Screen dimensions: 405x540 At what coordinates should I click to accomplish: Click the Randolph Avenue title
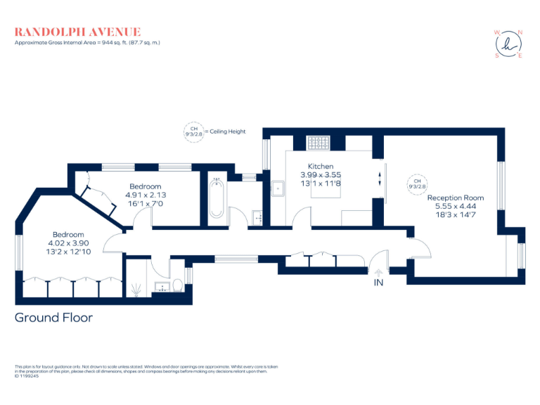pyautogui.click(x=78, y=32)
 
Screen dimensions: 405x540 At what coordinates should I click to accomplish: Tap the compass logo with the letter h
pyautogui.click(x=509, y=44)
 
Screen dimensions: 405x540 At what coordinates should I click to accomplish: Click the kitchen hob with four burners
pyautogui.click(x=319, y=143)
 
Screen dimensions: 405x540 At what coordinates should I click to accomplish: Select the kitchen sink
pyautogui.click(x=279, y=187)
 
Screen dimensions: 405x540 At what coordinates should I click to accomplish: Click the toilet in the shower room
pyautogui.click(x=178, y=285)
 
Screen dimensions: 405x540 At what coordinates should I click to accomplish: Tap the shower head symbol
pyautogui.click(x=136, y=288)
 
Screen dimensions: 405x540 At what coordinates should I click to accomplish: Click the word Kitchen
pyautogui.click(x=321, y=167)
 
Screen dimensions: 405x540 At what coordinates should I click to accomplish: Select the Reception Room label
pyautogui.click(x=456, y=198)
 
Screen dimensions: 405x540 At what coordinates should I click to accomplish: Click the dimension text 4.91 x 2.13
pyautogui.click(x=144, y=195)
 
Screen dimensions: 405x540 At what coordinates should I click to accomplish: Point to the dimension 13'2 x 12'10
pyautogui.click(x=69, y=251)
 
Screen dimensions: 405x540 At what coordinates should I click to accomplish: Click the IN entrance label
pyautogui.click(x=378, y=283)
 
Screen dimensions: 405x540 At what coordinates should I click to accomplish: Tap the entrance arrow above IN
pyautogui.click(x=378, y=271)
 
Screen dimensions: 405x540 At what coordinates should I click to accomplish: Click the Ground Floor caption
pyautogui.click(x=53, y=317)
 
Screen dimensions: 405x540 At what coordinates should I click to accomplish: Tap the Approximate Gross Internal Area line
pyautogui.click(x=88, y=43)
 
